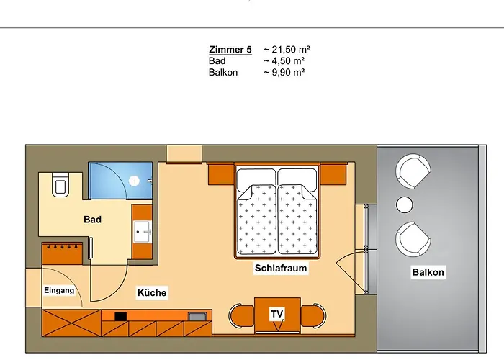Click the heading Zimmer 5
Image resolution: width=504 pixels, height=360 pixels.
tap(230, 50)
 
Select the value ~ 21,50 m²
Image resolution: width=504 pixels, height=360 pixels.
tap(287, 50)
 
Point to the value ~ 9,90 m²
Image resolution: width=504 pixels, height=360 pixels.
tap(284, 72)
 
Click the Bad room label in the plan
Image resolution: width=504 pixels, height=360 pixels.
tap(92, 220)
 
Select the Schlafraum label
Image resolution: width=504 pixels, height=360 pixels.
tap(281, 269)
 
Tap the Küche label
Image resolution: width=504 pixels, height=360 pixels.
tap(152, 293)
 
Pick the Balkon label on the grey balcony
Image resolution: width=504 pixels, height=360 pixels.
tap(428, 272)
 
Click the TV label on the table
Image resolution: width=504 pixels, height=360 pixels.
tap(276, 315)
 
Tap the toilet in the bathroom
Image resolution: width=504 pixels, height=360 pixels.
tap(60, 185)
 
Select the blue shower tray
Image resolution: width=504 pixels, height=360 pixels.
tap(120, 180)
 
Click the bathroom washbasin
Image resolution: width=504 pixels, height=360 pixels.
tap(143, 232)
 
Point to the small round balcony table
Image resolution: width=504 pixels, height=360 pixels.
tap(405, 205)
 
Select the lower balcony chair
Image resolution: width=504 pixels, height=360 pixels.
tap(413, 238)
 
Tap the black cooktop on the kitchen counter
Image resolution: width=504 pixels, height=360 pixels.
tap(120, 315)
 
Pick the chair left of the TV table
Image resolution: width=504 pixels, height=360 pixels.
tap(241, 315)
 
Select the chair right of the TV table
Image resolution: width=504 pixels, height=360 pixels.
tap(312, 315)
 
